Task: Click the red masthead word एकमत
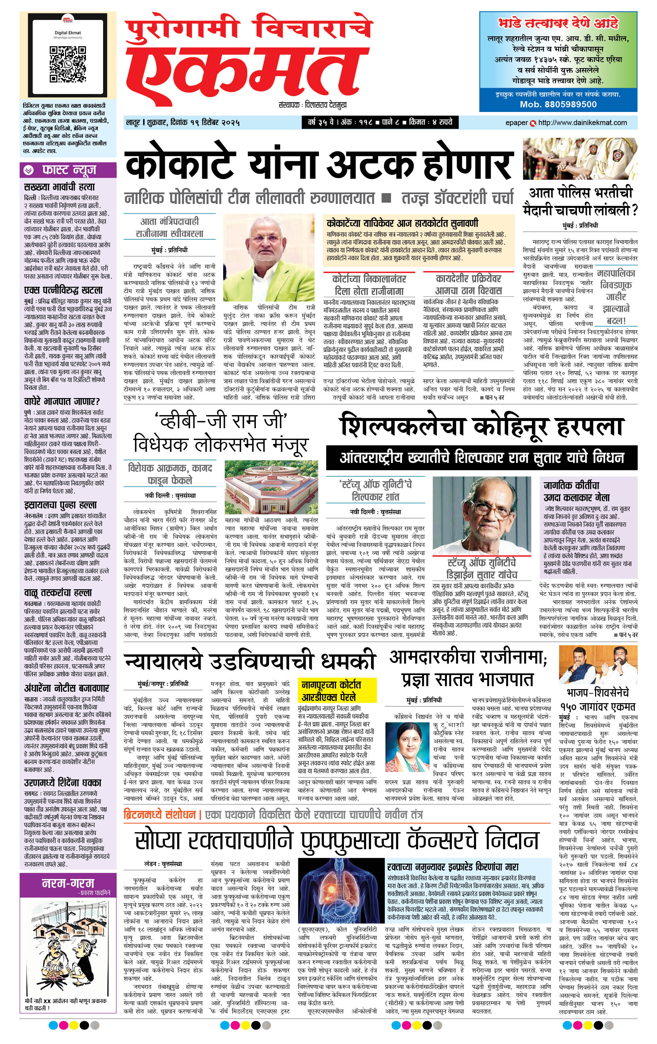pos(247,70)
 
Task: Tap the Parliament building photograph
pos(271,487)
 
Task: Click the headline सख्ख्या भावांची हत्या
pos(59,187)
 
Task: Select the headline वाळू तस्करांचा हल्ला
pos(58,593)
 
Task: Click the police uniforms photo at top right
pos(580,158)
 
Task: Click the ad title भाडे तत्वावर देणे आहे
pos(558,23)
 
